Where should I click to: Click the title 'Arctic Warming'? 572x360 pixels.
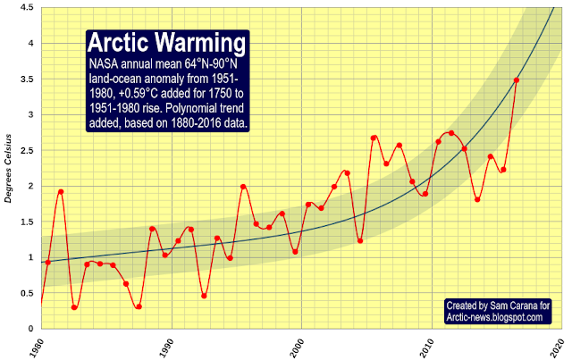(x=167, y=44)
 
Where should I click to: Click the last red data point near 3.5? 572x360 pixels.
(x=517, y=80)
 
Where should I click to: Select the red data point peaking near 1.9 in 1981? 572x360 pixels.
(x=61, y=191)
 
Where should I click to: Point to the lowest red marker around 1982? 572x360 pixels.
(x=74, y=307)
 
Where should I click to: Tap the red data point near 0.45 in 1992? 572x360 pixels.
(x=204, y=296)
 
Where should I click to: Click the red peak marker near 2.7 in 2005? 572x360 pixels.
(x=374, y=138)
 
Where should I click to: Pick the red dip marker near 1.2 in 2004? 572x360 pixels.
(x=360, y=240)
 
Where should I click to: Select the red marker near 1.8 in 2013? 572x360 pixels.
(x=477, y=199)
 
